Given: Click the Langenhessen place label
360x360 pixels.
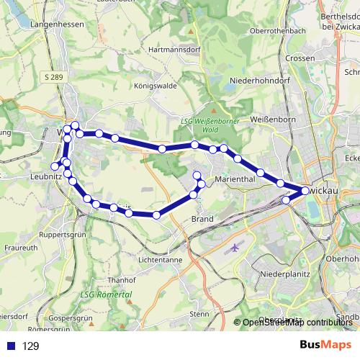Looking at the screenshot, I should coord(58,24).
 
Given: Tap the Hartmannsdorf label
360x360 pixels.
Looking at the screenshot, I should coord(172,50).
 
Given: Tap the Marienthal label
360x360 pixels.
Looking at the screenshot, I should coord(236,181).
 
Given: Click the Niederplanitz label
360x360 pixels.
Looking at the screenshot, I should coord(284,274).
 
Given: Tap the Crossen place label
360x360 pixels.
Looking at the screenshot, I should coord(300,58).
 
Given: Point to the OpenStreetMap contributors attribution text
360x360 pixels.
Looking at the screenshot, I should coord(297,323).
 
